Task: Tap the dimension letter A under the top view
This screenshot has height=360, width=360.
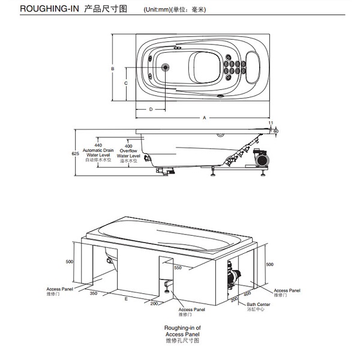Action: [x=204, y=118]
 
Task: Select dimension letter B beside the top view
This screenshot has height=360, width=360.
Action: [x=113, y=69]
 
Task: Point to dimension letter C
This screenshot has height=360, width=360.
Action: [x=125, y=83]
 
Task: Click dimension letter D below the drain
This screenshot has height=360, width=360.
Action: [x=150, y=109]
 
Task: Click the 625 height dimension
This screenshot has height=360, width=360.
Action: [x=76, y=154]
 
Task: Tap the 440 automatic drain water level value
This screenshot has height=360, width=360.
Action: [x=98, y=146]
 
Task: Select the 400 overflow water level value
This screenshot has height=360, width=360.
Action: [x=129, y=146]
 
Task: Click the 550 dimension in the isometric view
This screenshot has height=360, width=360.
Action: [x=178, y=268]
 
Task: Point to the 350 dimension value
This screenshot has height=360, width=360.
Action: [x=94, y=294]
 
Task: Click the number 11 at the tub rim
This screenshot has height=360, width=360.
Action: [x=271, y=123]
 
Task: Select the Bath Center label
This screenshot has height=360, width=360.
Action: [x=259, y=305]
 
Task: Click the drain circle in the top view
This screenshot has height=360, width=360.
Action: [x=166, y=67]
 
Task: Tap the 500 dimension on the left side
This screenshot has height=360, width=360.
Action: [x=69, y=262]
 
